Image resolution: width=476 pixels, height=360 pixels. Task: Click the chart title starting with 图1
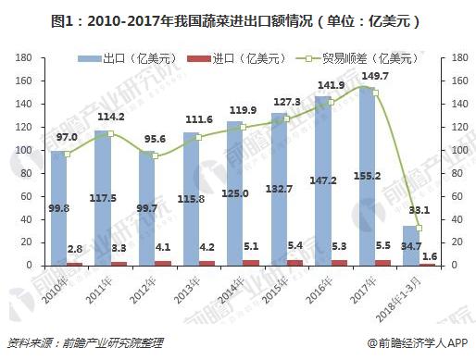pos(238,17)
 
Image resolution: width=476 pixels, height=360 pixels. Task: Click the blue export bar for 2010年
pos(60,208)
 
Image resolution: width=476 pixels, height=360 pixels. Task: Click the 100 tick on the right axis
pos(451,150)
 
